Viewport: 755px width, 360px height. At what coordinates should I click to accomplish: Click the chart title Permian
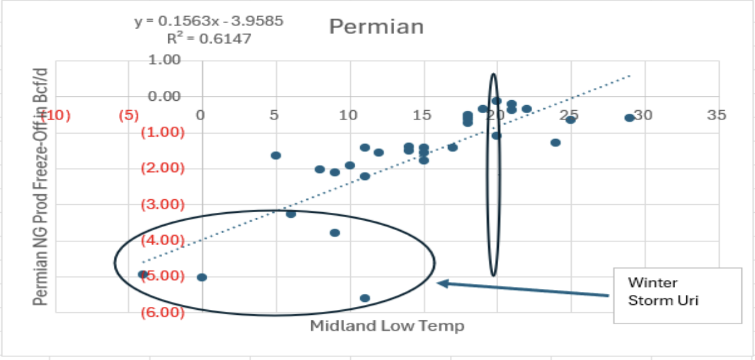pos(376,27)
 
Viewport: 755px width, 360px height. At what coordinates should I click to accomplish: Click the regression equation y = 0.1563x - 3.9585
pos(209,22)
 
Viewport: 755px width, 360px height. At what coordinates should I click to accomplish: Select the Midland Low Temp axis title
pos(387,325)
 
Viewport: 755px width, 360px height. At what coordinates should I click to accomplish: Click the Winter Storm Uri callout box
pos(676,296)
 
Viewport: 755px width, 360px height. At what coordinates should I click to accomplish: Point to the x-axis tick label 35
pos(718,115)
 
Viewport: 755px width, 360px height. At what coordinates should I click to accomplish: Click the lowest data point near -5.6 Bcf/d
pos(365,298)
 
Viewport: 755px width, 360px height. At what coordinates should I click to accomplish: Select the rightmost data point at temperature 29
pos(629,118)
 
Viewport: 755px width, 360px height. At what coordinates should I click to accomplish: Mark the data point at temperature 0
pos(202,277)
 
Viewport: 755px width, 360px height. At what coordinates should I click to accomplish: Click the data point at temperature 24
pos(556,142)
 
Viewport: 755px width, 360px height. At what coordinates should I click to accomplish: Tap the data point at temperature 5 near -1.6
pos(276,155)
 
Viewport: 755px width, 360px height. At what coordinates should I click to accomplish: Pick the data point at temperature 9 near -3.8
pos(335,233)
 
